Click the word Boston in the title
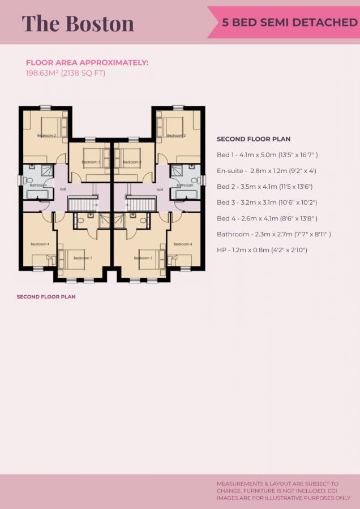(x=100, y=23)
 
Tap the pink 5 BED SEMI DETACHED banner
(x=285, y=23)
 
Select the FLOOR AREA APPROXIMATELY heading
(x=87, y=63)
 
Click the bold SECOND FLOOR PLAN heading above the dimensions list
(x=254, y=139)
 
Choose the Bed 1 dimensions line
(x=267, y=155)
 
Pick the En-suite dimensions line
(x=266, y=171)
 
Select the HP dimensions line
(x=262, y=250)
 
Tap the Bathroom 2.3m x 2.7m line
(x=273, y=234)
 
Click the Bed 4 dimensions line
(x=267, y=218)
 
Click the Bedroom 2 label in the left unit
(x=46, y=136)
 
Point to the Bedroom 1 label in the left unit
(x=82, y=258)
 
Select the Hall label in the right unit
(x=161, y=189)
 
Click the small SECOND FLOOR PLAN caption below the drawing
(x=46, y=296)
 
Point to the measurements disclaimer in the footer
(x=283, y=490)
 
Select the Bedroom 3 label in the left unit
(x=91, y=162)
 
